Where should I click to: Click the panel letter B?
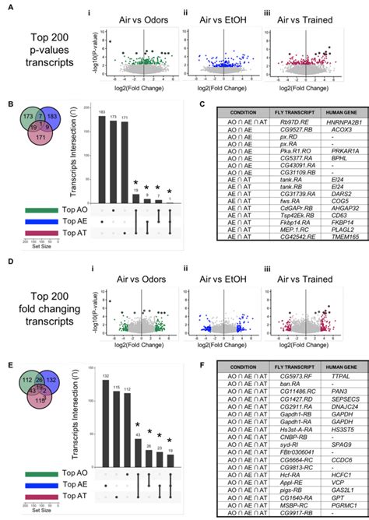9,104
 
